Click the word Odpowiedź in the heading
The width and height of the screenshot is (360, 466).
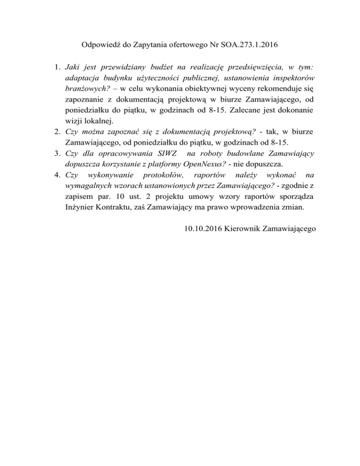pyautogui.click(x=100, y=46)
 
